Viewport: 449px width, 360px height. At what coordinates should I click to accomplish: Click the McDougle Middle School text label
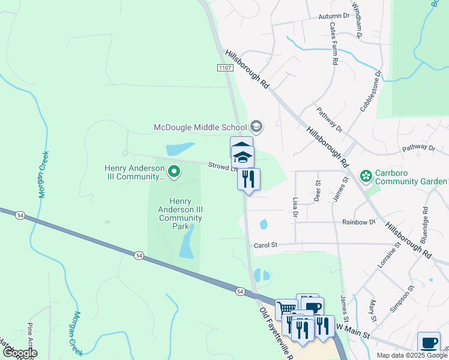tap(200, 127)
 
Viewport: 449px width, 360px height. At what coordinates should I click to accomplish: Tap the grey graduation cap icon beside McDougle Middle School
tap(256, 126)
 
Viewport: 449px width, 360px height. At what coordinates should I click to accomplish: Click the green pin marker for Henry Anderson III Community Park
tap(174, 172)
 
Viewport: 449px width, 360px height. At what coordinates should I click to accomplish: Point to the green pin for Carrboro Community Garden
tap(365, 176)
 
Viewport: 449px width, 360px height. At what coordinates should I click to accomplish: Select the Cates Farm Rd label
tap(333, 44)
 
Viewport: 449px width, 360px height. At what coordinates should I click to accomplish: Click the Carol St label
tap(266, 245)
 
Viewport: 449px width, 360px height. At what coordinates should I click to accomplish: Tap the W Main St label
tap(351, 328)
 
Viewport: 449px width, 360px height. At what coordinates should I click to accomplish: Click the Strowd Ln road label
tap(218, 166)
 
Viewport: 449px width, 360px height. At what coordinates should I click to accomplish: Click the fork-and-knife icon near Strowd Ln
tap(249, 179)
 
